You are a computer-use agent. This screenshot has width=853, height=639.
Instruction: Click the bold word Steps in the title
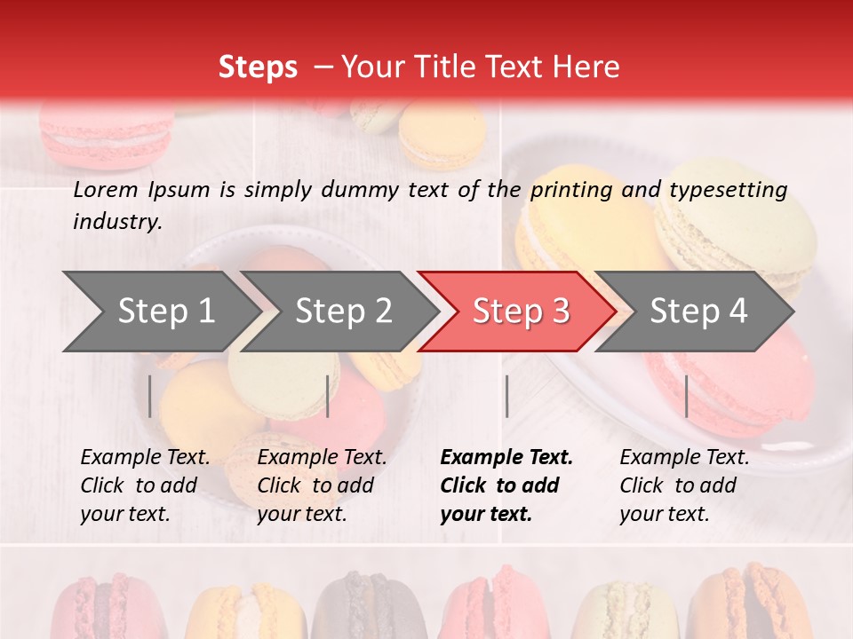coord(258,67)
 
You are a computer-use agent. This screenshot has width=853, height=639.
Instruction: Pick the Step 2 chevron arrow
coord(343,311)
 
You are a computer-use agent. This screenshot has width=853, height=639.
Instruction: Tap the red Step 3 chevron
coord(520,311)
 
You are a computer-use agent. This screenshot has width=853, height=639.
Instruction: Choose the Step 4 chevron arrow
coord(698,311)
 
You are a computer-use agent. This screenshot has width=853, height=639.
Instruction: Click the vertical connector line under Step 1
coord(150,396)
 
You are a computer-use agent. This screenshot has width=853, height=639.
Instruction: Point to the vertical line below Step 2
coord(328,396)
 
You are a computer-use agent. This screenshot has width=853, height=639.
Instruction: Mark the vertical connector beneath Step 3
coord(506,396)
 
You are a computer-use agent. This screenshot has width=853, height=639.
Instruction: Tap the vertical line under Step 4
coord(687,396)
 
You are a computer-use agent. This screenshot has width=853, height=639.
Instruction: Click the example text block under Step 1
coord(144,485)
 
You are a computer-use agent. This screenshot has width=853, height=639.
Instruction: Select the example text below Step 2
coord(321,485)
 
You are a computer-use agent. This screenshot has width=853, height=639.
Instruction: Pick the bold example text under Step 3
coord(506,485)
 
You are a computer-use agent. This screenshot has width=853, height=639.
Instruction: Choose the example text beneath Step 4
coord(683,485)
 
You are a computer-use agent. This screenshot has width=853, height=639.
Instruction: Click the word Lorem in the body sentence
coord(106,190)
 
